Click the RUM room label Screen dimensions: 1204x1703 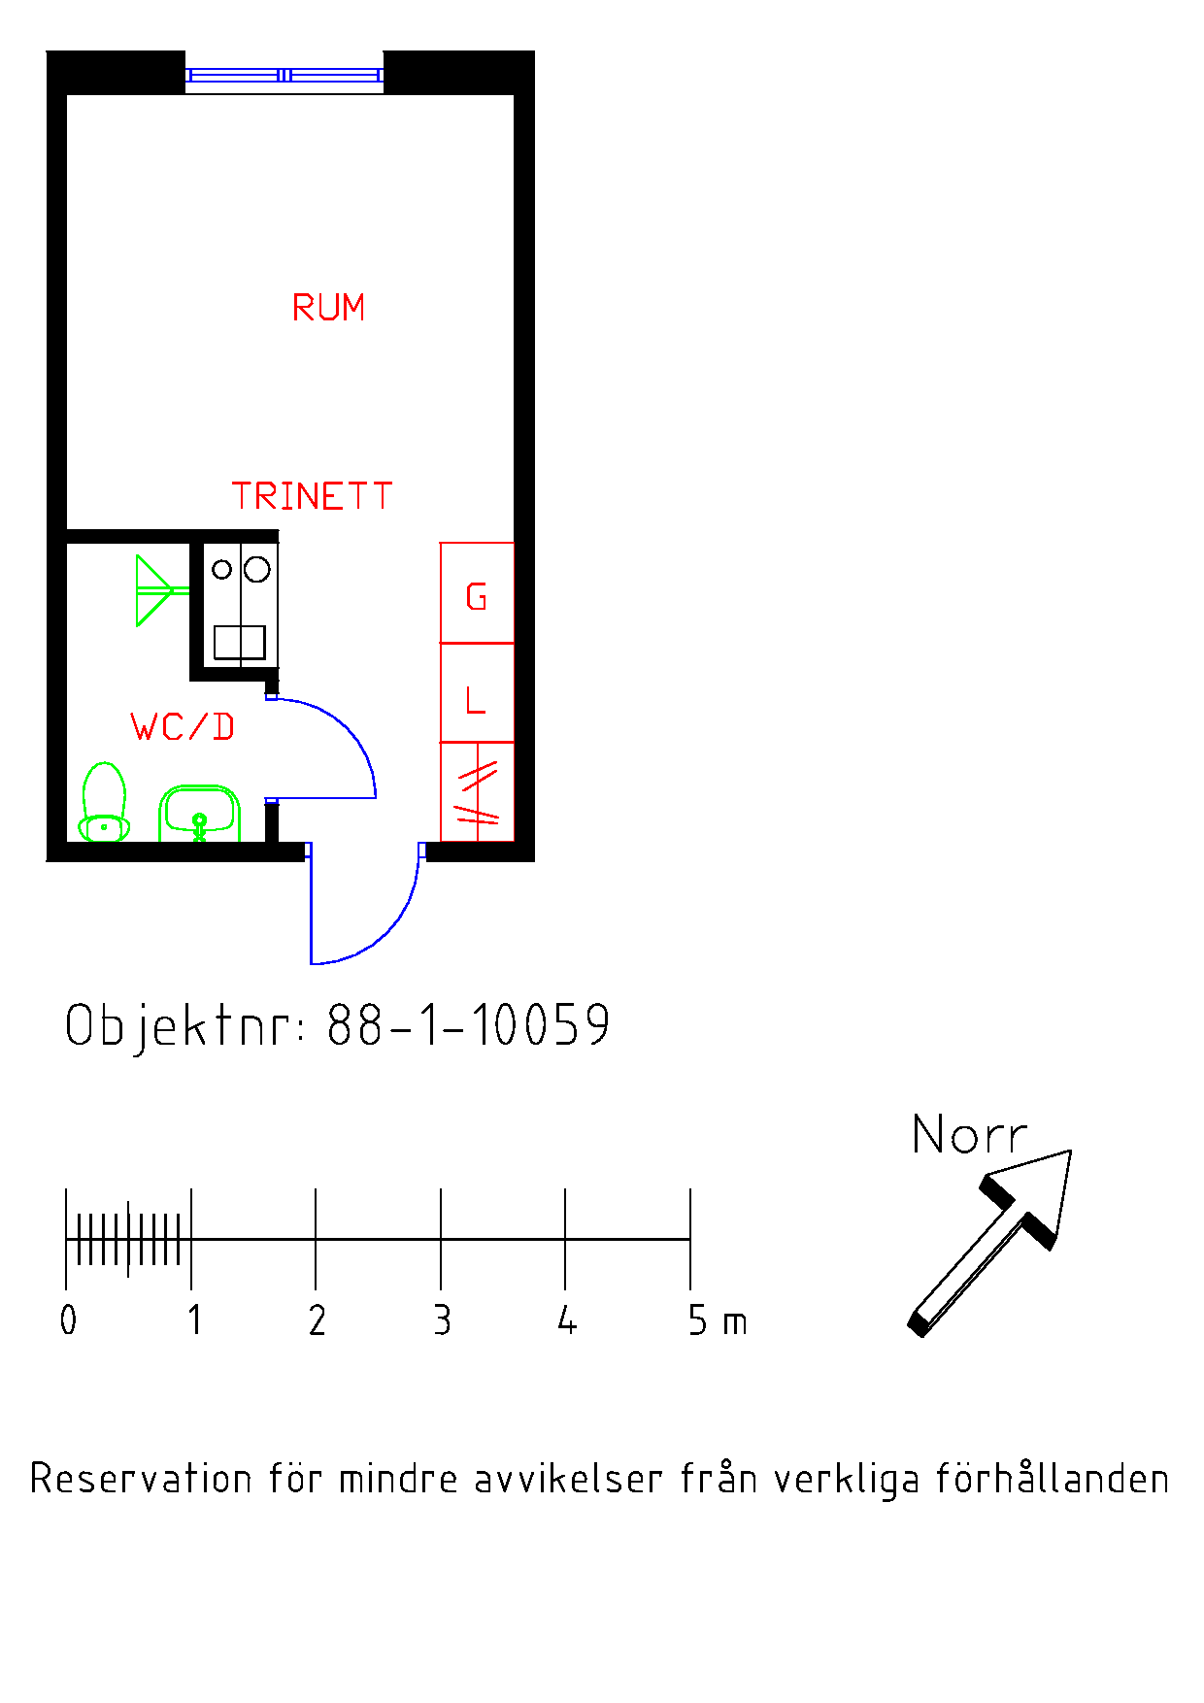click(328, 308)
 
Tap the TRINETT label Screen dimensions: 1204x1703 click(312, 496)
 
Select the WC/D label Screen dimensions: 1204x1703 click(183, 727)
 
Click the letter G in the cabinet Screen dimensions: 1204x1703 click(476, 596)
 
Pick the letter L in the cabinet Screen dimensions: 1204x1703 click(475, 699)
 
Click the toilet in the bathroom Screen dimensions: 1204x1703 click(104, 802)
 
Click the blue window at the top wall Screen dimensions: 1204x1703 click(284, 75)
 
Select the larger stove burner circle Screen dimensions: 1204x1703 click(256, 569)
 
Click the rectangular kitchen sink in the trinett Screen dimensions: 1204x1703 click(240, 643)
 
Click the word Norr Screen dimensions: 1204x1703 click(969, 1134)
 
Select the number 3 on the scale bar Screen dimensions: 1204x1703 click(442, 1320)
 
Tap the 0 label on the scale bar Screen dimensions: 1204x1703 click(68, 1320)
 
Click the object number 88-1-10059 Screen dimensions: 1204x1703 click(468, 1024)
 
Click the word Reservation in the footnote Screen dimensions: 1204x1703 click(143, 1479)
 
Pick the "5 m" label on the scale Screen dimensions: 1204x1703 click(718, 1320)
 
